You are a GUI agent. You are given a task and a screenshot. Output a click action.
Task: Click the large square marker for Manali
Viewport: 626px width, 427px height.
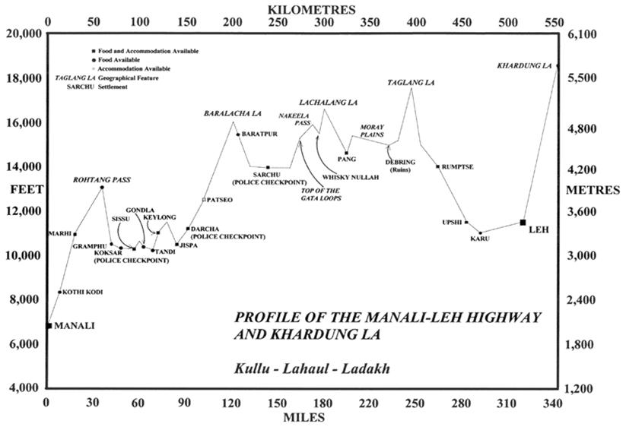(49, 326)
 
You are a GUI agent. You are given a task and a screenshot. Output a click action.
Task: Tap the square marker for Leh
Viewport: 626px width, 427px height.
(523, 222)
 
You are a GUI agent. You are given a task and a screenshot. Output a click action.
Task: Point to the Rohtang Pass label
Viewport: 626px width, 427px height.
(102, 180)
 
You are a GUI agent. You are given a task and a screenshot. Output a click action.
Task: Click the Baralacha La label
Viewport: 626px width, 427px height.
(232, 113)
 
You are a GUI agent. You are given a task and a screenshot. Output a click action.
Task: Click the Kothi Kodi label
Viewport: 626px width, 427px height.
(82, 292)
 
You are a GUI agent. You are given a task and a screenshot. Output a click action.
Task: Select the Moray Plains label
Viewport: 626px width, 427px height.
(372, 130)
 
